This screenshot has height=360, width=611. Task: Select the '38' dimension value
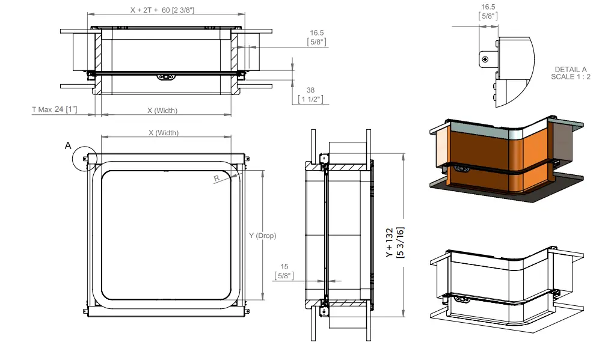[x=310, y=90]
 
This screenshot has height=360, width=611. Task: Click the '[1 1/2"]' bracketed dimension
[x=310, y=99]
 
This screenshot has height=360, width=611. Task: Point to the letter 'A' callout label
[x=68, y=145]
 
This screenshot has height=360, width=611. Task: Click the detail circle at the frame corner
[x=84, y=159]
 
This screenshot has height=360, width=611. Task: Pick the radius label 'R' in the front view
[x=216, y=178]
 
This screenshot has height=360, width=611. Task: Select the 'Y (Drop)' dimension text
[x=262, y=236]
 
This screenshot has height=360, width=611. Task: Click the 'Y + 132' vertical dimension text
[x=389, y=243]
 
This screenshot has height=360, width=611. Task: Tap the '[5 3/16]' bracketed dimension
[x=400, y=243]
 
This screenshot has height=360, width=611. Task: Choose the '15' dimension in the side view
[x=284, y=266]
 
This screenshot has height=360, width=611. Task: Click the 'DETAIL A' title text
[x=571, y=69]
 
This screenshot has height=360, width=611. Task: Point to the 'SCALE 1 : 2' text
[x=571, y=76]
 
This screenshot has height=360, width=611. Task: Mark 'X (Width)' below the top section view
[x=162, y=111]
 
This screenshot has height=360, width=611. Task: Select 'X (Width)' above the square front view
[x=164, y=133]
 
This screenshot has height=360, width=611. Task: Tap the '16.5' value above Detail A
[x=488, y=7]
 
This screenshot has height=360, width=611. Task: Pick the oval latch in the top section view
[x=165, y=77]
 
